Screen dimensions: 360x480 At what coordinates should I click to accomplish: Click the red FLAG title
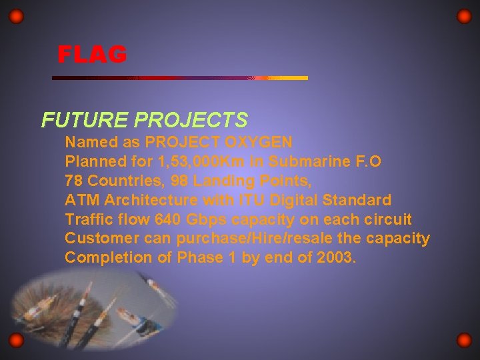coord(92,55)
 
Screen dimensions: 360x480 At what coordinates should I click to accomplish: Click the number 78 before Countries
coord(74,181)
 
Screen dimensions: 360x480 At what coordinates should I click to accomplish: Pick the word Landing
coord(221,181)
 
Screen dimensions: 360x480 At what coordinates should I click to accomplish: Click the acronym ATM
coord(80,200)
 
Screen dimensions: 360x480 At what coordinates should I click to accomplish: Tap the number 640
coord(167,219)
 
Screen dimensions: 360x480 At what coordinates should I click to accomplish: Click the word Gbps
coord(207,219)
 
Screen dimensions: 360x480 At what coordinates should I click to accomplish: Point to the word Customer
coord(97,239)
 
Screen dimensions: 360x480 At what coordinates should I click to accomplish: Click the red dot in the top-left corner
coord(17,16)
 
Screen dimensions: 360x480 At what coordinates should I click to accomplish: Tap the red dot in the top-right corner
coord(464,16)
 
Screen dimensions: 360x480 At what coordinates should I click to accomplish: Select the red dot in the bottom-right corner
coord(464,341)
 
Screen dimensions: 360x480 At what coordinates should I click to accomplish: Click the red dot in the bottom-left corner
coord(17,341)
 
